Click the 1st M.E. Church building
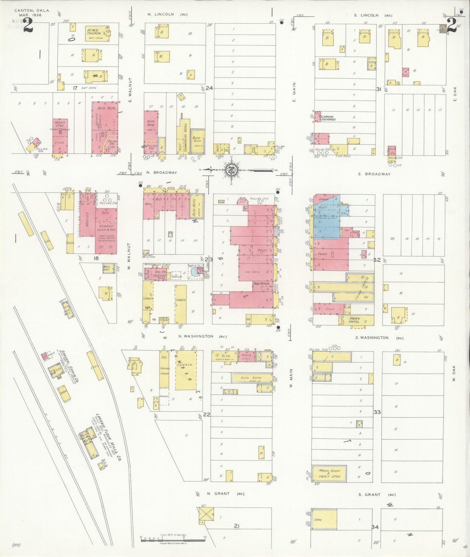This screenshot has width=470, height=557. [97, 33]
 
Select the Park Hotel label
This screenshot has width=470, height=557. [354, 320]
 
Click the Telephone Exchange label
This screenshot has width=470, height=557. [327, 118]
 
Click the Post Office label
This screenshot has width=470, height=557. [261, 283]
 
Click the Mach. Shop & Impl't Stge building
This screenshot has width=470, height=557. [329, 473]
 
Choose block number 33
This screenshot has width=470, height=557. [377, 412]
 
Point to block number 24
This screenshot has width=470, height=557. [209, 88]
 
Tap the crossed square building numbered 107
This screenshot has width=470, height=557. [206, 514]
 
